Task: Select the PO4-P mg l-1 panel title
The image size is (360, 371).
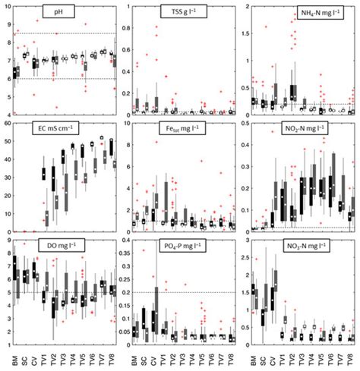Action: pyautogui.click(x=181, y=247)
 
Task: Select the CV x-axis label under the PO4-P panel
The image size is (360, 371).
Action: pyautogui.click(x=155, y=354)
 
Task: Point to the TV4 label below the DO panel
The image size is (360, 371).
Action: pyautogui.click(x=73, y=354)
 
